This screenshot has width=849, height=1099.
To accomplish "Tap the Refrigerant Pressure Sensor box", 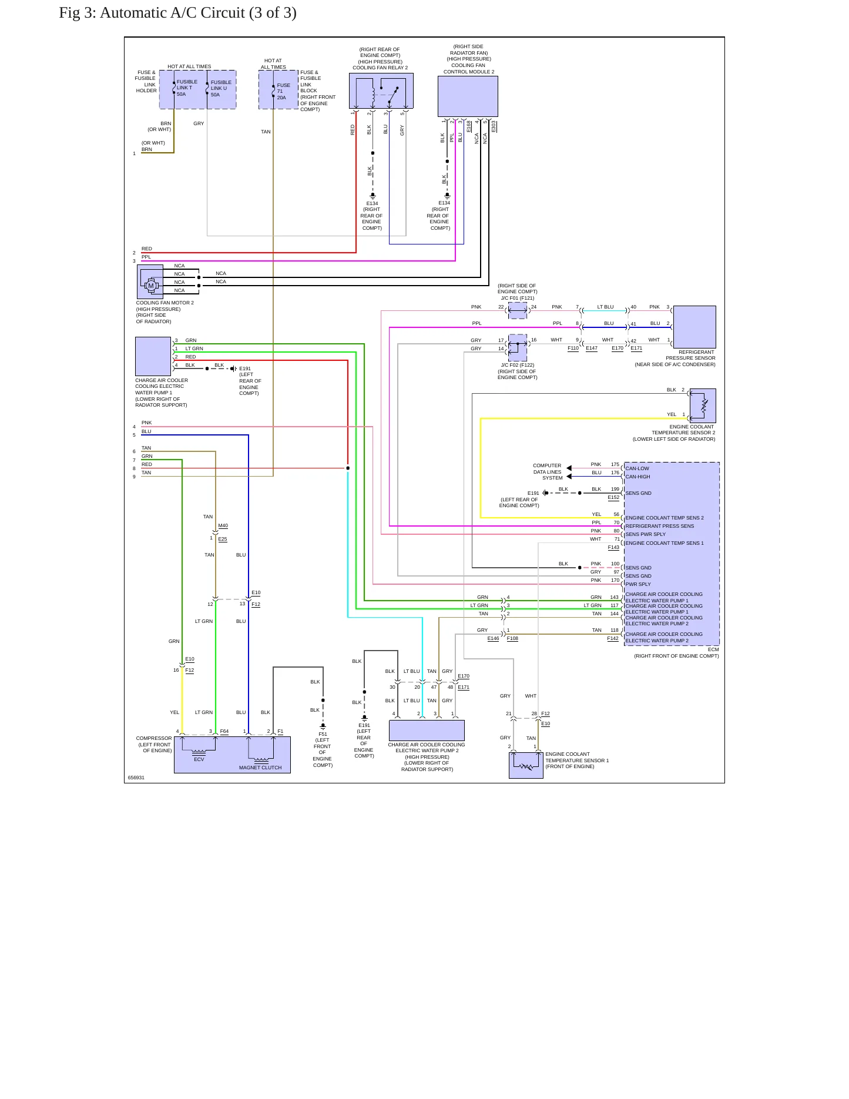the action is click(x=694, y=327).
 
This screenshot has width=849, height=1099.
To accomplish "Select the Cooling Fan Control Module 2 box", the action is click(x=468, y=96).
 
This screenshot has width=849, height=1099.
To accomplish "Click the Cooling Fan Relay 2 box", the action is click(x=381, y=91).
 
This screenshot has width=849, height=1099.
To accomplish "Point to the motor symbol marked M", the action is click(x=151, y=286).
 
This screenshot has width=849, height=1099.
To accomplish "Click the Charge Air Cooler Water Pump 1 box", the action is click(x=153, y=356).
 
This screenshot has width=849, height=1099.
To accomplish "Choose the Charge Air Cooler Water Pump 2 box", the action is click(x=427, y=731).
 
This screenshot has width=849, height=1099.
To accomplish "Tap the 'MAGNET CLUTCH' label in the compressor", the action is click(x=260, y=768).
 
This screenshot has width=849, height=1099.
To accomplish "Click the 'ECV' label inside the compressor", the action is click(x=199, y=759).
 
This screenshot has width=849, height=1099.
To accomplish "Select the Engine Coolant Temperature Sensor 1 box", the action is click(x=526, y=765).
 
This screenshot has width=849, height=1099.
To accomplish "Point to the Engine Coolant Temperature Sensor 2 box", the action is click(x=703, y=406).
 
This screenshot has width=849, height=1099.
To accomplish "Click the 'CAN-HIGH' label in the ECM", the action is click(x=637, y=477).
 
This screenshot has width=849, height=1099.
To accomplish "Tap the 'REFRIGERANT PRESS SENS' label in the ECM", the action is click(x=660, y=526).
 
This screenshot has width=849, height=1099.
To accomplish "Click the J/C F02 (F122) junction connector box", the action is click(x=518, y=348).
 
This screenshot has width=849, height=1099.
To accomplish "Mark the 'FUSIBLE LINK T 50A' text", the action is click(x=187, y=88).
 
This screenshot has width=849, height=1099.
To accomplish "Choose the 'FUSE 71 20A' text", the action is click(x=283, y=92).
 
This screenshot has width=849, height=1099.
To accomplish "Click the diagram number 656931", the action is click(x=136, y=778).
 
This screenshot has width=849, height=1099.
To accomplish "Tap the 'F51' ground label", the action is click(x=323, y=734).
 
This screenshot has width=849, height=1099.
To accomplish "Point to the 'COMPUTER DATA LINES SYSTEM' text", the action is click(x=547, y=472).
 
